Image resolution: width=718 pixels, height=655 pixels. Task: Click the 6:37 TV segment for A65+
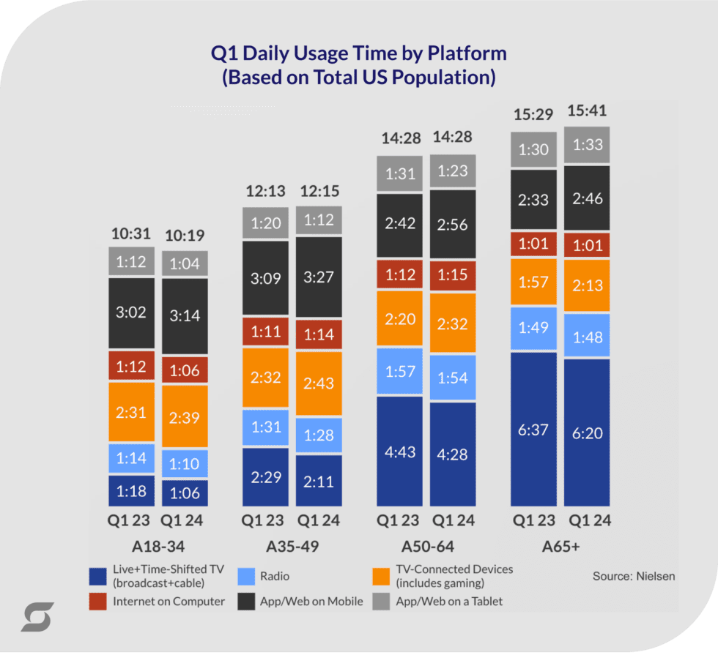point(533,430)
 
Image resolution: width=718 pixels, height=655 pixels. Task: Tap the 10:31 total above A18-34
point(132,234)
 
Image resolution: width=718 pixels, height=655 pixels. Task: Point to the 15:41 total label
point(587,111)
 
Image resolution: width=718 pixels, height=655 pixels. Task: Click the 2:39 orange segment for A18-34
point(185,417)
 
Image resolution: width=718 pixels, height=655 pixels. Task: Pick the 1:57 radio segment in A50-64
point(399,373)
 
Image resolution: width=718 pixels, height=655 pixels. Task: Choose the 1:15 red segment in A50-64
point(452,274)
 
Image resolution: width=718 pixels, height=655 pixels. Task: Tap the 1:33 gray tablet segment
point(587,145)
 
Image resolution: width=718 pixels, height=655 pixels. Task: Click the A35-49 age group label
point(292,547)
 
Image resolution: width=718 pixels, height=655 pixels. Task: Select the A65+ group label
point(560,547)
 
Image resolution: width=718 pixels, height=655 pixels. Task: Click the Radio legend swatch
point(245,576)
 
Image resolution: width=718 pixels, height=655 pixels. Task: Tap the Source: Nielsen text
point(633,576)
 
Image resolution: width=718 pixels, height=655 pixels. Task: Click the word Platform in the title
point(467,53)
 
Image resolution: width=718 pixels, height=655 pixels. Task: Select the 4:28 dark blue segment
point(452,454)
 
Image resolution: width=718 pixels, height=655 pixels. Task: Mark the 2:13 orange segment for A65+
point(587,285)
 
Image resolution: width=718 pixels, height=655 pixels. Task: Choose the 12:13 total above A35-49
point(265,191)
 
